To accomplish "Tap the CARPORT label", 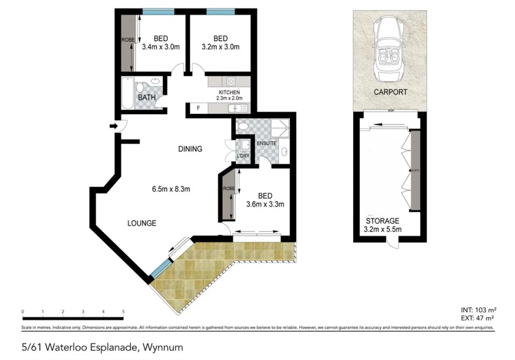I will (390, 92).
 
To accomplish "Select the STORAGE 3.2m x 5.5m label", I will (383, 225).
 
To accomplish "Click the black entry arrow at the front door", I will (113, 127).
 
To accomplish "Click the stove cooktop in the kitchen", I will (231, 81).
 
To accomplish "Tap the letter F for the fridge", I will (198, 108).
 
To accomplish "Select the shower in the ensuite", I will (280, 128).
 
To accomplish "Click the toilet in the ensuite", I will (242, 126).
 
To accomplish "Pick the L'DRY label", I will (242, 156).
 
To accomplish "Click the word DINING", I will (190, 149).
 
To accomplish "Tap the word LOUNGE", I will (141, 223).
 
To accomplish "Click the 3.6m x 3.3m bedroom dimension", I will (265, 204).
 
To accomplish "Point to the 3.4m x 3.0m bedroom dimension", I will (161, 47).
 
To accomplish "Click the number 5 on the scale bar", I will (123, 311).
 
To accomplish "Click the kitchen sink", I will (238, 108).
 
